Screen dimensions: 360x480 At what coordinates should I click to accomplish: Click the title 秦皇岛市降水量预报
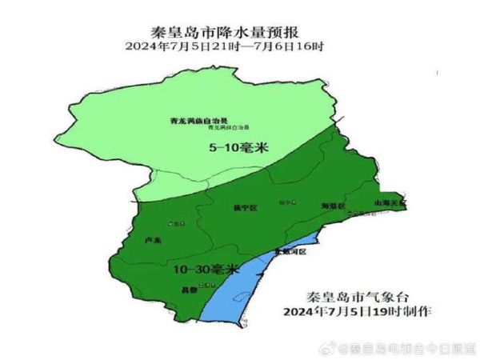[x=239, y=34]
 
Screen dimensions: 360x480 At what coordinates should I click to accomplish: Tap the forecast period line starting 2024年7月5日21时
[x=239, y=47]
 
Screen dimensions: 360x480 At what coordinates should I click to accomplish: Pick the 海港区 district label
[x=331, y=206]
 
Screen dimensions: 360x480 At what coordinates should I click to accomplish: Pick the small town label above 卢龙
[x=172, y=224]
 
